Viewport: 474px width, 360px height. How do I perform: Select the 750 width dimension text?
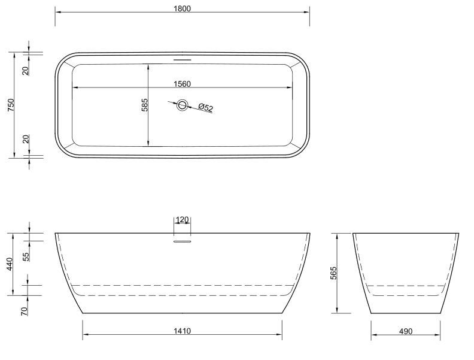11,105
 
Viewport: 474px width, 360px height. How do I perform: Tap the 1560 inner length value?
182,84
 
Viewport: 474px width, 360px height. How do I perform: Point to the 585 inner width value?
144,105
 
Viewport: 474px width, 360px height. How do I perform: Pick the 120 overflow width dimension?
182,220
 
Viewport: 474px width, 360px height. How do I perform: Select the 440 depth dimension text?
11,264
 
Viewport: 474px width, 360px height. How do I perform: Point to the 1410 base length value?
182,331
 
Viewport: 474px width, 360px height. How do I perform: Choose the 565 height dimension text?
333,273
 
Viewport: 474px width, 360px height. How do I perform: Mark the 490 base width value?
405,331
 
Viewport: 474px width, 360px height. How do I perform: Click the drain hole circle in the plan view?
182,105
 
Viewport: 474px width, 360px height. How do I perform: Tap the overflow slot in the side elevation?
182,241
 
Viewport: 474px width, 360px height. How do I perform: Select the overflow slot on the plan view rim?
182,59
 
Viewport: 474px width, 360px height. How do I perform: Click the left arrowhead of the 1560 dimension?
75,88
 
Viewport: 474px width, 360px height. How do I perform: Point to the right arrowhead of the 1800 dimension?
307,12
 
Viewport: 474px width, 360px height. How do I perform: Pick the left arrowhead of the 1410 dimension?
85,336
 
